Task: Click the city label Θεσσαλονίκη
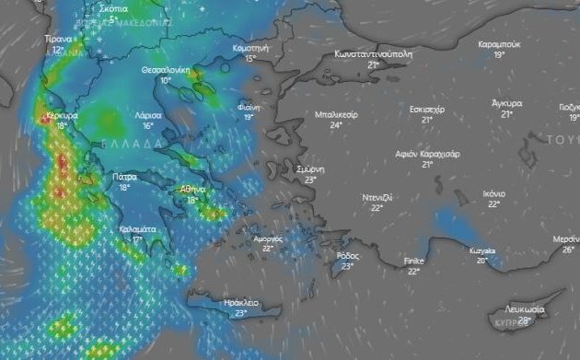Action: click(166, 70)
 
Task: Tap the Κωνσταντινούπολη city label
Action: click(373, 53)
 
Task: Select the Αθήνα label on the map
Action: click(192, 189)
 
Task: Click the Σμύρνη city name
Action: click(310, 169)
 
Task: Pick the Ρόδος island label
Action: click(348, 255)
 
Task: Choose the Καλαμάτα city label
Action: click(136, 228)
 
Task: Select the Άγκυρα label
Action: click(507, 103)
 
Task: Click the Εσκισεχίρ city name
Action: click(427, 109)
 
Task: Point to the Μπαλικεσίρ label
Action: click(336, 114)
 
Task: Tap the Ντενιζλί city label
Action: click(377, 197)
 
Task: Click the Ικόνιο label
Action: click(493, 193)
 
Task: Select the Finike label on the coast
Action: click(414, 261)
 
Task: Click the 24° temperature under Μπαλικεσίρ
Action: click(336, 125)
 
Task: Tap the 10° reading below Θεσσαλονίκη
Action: click(166, 81)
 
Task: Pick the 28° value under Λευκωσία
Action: click(524, 320)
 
